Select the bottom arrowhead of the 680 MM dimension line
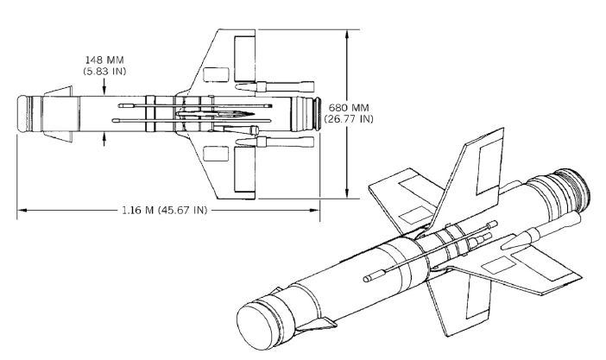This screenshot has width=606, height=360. click(x=348, y=194)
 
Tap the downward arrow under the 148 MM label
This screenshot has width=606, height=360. click(x=104, y=87)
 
